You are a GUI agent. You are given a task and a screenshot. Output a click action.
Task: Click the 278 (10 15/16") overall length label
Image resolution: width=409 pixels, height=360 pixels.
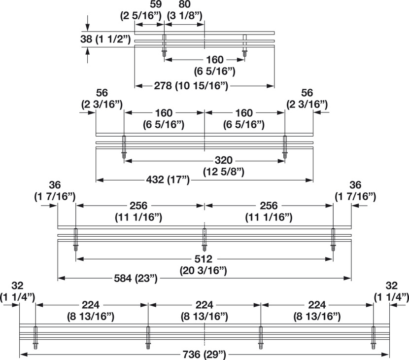(x=191, y=86)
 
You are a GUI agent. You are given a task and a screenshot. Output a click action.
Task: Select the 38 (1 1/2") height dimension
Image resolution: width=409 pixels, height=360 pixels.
(x=105, y=39)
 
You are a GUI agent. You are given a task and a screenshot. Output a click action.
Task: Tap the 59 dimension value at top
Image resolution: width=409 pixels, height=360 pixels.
(x=156, y=4)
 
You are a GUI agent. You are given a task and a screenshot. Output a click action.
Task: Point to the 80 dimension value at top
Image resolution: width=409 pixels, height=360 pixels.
(x=184, y=4)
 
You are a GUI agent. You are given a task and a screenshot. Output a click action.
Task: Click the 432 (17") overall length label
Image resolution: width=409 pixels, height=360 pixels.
(x=168, y=180)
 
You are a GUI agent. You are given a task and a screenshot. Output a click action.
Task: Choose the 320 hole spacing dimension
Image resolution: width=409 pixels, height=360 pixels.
(x=224, y=160)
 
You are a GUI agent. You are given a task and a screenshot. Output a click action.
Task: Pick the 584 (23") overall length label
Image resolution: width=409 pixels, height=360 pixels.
(x=136, y=278)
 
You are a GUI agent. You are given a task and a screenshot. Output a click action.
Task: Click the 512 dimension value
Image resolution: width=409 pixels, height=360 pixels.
(x=204, y=259)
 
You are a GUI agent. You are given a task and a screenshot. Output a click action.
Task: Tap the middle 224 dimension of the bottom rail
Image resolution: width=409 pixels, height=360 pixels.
(x=204, y=305)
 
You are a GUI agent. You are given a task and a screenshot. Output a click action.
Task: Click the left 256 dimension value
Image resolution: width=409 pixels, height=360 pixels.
(x=138, y=206)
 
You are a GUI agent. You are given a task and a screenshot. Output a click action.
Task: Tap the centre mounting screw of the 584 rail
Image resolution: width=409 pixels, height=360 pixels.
(x=204, y=240)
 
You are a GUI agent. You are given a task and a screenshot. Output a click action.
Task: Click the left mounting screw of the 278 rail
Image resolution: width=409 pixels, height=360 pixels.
(x=164, y=45)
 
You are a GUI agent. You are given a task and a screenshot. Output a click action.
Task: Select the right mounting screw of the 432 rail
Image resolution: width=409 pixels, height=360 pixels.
(x=285, y=147)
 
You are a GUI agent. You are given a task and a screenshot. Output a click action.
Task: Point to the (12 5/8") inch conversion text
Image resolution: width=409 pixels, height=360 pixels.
(x=224, y=172)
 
